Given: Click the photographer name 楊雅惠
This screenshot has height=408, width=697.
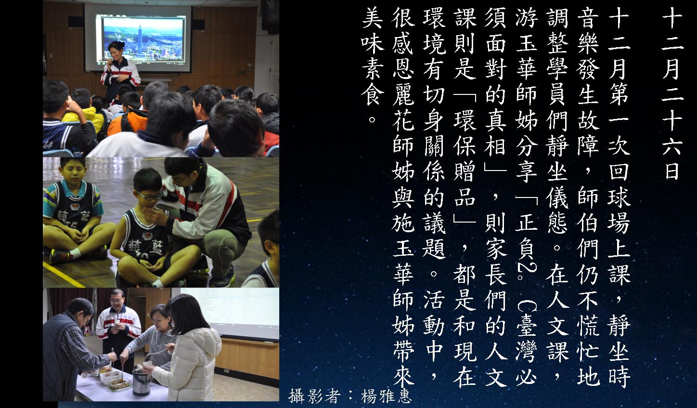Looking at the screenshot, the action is [x=386, y=396].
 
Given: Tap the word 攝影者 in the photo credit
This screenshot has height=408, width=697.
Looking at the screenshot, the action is [x=313, y=396].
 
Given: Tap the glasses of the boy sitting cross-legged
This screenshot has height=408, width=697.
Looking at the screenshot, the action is [x=149, y=196].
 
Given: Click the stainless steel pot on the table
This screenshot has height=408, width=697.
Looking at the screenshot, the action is [x=141, y=381].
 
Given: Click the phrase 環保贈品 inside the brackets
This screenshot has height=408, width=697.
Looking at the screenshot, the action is [x=465, y=162].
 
